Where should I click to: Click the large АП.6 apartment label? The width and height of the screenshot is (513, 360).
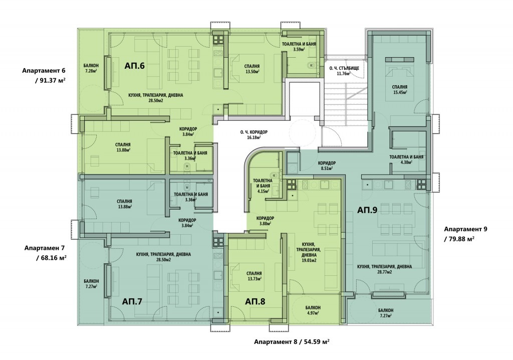134,66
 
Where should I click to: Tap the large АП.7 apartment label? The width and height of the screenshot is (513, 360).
132,301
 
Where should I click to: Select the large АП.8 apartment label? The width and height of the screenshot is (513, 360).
255,301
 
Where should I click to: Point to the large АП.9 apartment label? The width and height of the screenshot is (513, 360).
367,210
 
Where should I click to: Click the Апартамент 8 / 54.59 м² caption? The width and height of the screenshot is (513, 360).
292,341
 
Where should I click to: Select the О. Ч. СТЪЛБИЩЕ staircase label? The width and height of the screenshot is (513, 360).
344,68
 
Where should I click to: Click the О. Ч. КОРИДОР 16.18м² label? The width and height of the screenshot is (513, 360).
254,135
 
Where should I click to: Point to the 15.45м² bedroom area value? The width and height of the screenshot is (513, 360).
400,92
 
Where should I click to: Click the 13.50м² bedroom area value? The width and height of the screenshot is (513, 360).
252,71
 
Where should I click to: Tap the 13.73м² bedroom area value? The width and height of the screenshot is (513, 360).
254,279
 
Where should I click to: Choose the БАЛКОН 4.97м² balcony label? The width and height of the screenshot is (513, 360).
313,310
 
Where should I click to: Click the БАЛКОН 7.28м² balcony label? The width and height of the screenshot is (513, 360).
91,68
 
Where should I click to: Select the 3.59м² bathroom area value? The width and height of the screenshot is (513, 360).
299,50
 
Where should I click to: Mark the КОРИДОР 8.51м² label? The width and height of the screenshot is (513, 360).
327,165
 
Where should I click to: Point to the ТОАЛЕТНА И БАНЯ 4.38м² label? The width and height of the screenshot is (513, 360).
406,159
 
